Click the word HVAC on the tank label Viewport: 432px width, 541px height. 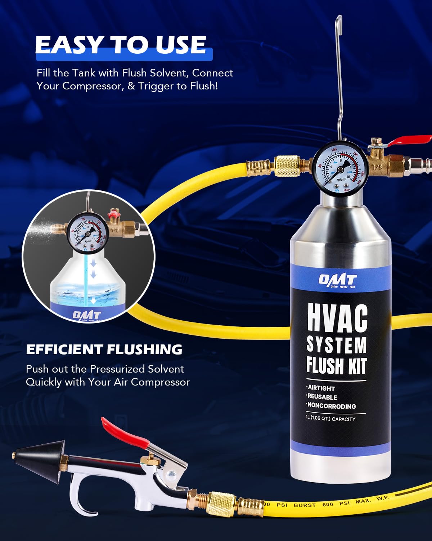click(337, 318)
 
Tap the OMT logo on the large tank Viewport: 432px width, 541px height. click(337, 280)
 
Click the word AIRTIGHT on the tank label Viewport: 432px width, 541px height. click(321, 388)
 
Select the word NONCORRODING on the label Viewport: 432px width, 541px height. click(332, 406)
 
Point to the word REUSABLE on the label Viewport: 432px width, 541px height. click(322, 397)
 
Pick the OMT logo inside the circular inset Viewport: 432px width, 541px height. click(87, 315)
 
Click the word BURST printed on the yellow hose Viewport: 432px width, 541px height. click(305, 505)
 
